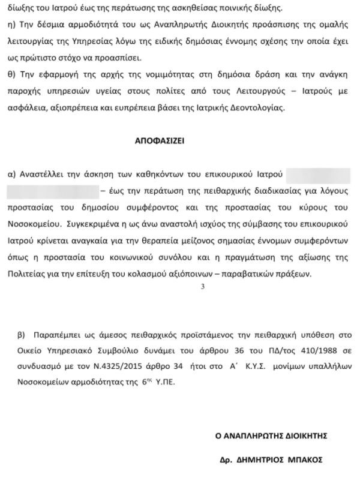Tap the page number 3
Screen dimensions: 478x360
[203, 287]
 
